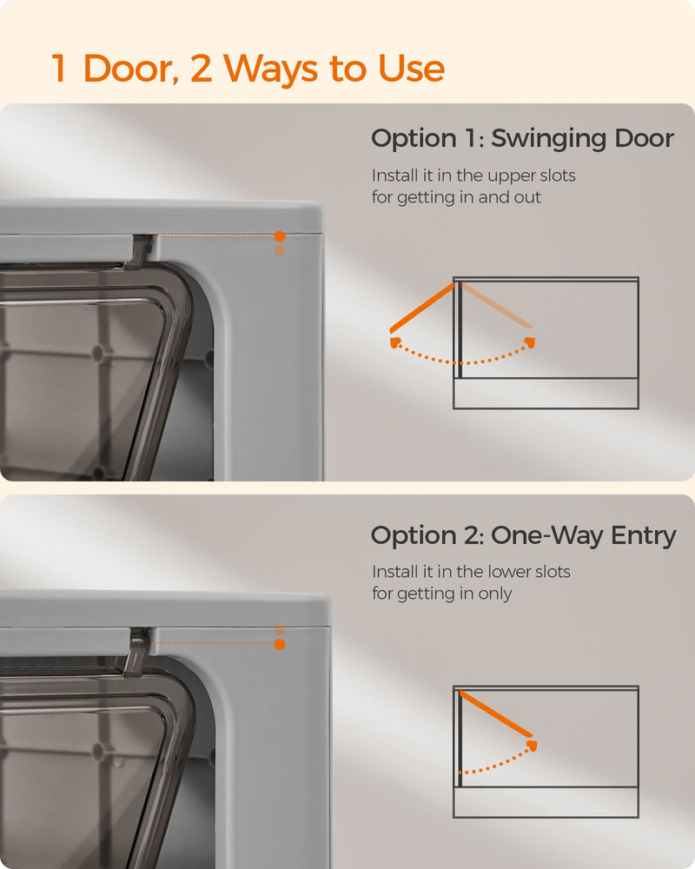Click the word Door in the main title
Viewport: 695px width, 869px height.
(x=131, y=69)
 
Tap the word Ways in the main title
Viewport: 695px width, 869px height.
(x=270, y=69)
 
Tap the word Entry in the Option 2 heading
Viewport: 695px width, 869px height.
(x=644, y=536)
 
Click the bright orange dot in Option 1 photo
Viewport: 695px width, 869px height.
(x=280, y=236)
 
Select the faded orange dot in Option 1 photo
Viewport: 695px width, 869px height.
(x=280, y=251)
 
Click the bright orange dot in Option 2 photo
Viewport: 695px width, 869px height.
(x=280, y=644)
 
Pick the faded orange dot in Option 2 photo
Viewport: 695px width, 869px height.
(x=280, y=630)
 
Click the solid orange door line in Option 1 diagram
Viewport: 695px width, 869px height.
(x=422, y=308)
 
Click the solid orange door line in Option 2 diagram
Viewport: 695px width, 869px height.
(x=496, y=713)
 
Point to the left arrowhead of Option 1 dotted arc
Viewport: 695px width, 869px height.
(x=395, y=342)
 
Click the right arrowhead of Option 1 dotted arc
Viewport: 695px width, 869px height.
(x=531, y=342)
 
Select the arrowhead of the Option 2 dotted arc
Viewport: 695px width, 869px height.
(x=532, y=745)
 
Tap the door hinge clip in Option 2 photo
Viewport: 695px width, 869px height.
(x=137, y=651)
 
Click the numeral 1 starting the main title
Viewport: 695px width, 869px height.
(x=59, y=69)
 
